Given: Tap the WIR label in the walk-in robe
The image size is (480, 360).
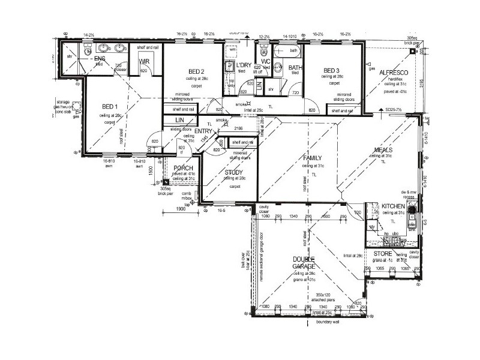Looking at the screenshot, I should (144, 61).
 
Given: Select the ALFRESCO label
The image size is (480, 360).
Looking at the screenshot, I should (394, 72).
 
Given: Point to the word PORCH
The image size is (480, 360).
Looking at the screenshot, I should (183, 168).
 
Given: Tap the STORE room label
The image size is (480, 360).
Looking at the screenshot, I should (383, 254).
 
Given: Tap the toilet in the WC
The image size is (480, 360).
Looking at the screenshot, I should (265, 50).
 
